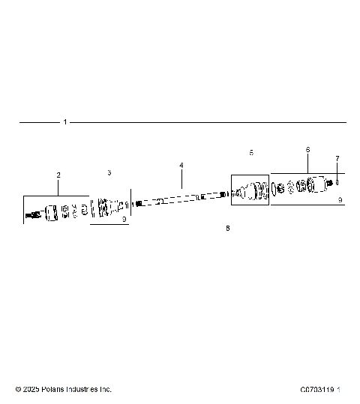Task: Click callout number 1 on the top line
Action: (64, 122)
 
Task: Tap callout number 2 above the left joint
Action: (58, 175)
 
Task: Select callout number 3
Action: (109, 172)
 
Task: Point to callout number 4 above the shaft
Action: (181, 165)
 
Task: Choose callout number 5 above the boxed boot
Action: (251, 152)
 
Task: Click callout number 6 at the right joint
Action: (307, 150)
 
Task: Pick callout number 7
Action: (337, 158)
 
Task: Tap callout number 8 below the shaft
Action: (228, 228)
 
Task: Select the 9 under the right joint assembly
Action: (340, 200)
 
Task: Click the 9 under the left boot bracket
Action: (124, 220)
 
